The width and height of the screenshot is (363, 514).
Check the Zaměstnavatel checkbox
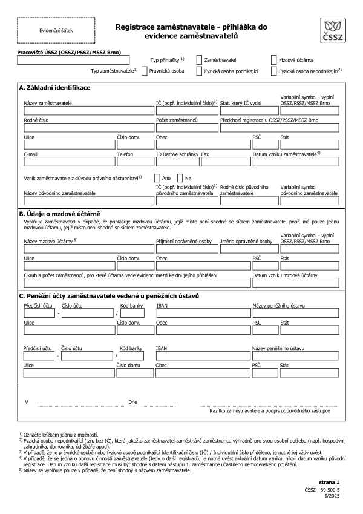tap(200, 61)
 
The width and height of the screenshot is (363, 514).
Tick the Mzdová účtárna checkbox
tap(274, 61)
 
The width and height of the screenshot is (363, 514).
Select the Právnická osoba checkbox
tap(144, 71)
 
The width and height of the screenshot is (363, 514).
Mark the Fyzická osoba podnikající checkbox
tap(200, 71)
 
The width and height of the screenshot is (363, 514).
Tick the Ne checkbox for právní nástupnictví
tap(180, 179)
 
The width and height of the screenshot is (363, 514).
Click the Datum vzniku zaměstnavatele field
tap(295, 162)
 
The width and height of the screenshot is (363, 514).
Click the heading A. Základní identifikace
tap(55, 88)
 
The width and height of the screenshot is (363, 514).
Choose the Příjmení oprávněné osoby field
tap(187, 249)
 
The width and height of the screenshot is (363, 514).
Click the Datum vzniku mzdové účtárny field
tap(295, 283)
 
